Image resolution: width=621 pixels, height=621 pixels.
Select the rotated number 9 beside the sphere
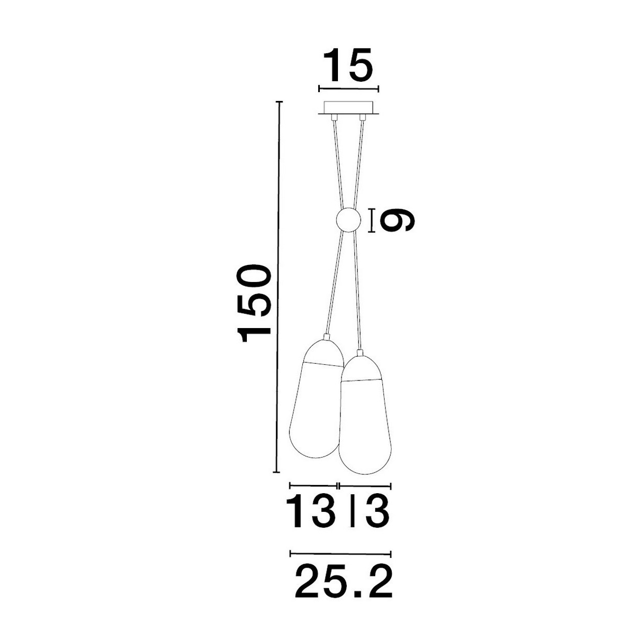point(396,221)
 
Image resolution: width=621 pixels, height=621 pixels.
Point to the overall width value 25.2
point(344,581)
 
